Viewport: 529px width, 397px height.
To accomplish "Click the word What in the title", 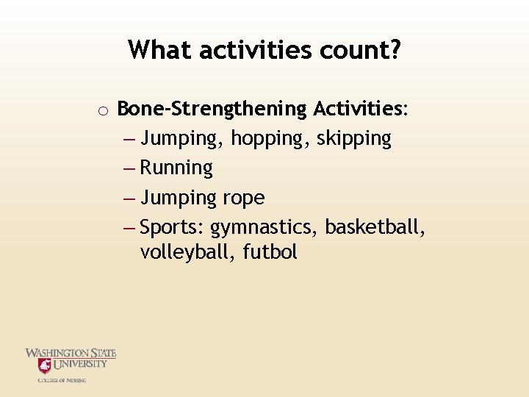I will click(x=159, y=50).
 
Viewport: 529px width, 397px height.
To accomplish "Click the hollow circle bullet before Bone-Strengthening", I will click(x=104, y=111).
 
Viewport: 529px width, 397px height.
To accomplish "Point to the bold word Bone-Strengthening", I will click(x=212, y=109).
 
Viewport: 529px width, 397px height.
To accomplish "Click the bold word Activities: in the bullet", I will click(x=361, y=109).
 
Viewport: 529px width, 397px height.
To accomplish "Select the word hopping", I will click(x=273, y=138).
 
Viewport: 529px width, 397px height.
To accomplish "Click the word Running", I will click(x=176, y=168).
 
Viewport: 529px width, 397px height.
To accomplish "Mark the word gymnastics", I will click(x=264, y=228).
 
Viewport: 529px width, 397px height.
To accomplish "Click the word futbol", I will click(x=268, y=252).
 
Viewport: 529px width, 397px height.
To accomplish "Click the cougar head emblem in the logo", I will click(x=45, y=366).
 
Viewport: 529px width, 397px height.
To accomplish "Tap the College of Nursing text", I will click(x=62, y=380).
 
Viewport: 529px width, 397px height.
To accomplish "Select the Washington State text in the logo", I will click(x=71, y=354).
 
